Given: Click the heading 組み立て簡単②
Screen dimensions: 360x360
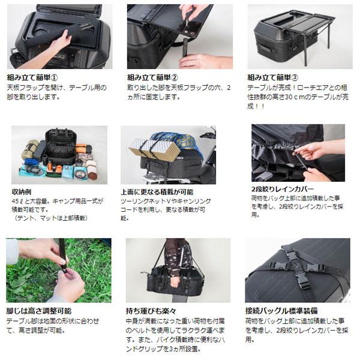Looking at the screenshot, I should [152, 77].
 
